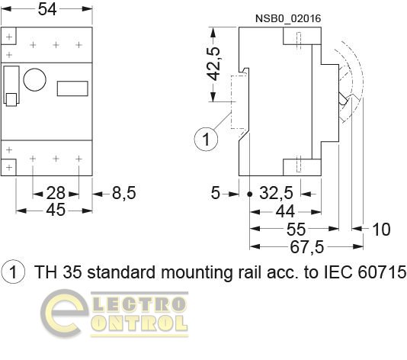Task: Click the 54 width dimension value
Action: (47, 9)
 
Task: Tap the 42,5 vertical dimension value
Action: (213, 64)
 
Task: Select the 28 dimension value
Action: (56, 193)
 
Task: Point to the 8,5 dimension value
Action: (124, 193)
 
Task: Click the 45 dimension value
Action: (56, 210)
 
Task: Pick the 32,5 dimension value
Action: (276, 193)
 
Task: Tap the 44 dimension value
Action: (285, 211)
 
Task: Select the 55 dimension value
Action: (296, 230)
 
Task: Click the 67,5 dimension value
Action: (307, 247)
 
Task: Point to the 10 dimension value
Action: (381, 230)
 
